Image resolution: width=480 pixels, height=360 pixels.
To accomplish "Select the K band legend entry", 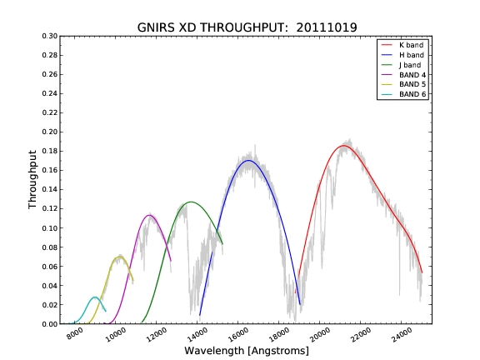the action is tap(402, 45).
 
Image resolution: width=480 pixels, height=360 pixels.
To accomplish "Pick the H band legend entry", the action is tap(402, 55).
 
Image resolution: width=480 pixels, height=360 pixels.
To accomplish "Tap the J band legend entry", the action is tap(401, 65).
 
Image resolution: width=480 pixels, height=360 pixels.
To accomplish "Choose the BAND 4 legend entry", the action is tap(403, 75).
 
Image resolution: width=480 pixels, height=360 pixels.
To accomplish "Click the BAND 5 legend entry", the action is tap(403, 84).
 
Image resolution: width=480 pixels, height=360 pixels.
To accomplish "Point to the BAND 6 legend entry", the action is tap(403, 94).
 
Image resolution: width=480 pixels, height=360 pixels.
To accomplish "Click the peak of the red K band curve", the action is tap(343, 146).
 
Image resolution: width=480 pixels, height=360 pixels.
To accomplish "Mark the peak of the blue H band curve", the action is tap(248, 160).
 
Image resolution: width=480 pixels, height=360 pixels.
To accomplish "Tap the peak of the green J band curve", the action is tap(191, 202).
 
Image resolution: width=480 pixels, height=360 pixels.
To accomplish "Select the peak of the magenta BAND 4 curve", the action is tap(149, 215).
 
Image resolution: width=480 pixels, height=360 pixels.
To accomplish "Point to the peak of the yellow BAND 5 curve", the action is tap(118, 257).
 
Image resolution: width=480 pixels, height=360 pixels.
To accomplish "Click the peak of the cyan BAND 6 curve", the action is tap(95, 297).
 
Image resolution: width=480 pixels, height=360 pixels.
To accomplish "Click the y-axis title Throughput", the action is tap(32, 180).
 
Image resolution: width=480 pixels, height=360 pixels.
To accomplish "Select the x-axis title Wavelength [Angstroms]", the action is tap(247, 351).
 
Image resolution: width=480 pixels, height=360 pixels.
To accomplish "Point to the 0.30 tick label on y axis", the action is tap(50, 36).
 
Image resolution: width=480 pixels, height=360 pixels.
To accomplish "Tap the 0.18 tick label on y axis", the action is tap(50, 151).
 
